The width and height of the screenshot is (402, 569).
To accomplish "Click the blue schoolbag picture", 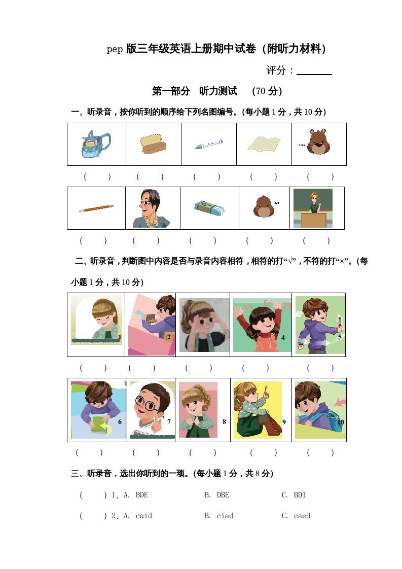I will coord(96,144).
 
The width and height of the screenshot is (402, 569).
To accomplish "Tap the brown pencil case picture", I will coord(153,144).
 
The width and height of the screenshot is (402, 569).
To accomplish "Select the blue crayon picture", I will coord(208,145).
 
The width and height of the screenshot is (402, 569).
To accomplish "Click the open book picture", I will coord(264,144).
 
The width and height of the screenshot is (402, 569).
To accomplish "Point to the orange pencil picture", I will coord(96,208).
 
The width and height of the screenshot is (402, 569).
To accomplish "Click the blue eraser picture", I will coord(209,207).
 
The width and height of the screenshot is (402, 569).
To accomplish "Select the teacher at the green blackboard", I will coord(313,208).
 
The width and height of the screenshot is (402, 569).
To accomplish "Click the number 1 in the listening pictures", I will coord(120,337).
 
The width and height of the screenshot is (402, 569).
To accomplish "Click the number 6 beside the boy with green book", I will coord(120,421).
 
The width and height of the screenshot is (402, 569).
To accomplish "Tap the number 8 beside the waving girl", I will coord(224,421).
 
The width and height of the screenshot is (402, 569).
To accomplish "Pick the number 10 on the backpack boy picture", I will coord(340,421).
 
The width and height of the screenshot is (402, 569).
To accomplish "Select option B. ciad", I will coord(218,516).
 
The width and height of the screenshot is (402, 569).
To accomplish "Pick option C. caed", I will coord(296,516).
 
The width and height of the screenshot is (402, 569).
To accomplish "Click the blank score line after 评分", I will coord(314,72).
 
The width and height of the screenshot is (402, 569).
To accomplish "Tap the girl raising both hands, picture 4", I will coord(262,325).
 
